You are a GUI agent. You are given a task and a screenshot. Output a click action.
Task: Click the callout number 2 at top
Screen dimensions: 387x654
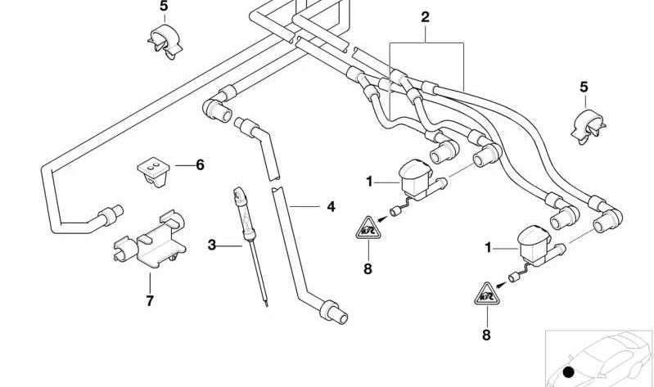[x=425, y=16]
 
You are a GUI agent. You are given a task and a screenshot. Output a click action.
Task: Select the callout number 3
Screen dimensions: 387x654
[x=212, y=244]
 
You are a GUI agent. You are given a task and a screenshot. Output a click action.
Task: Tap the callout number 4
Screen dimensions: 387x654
[x=331, y=207]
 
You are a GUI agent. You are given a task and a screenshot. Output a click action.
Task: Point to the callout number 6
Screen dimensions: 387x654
[x=200, y=164]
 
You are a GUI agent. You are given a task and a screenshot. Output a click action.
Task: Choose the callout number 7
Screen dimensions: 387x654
[x=150, y=301]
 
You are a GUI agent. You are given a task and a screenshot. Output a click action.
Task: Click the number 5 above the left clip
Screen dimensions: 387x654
[x=163, y=7]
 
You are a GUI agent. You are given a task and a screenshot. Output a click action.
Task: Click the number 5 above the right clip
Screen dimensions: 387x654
[x=584, y=86]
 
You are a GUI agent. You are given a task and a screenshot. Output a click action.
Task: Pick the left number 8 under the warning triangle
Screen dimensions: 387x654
[x=368, y=268]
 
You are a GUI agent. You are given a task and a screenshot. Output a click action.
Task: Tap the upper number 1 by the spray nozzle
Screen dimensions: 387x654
[x=369, y=181]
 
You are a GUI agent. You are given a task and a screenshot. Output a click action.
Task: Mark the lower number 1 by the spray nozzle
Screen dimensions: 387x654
[x=488, y=245]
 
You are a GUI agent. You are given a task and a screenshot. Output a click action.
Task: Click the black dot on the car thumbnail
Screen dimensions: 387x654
[x=568, y=372]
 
